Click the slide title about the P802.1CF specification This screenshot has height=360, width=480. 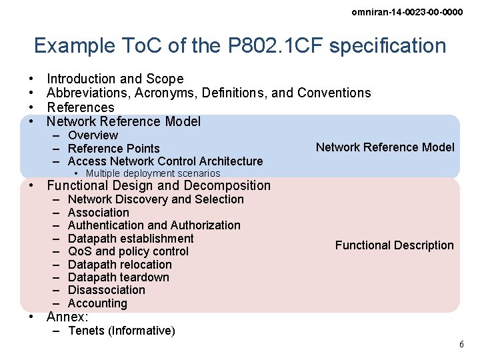pyautogui.click(x=240, y=45)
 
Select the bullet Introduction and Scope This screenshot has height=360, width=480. pyautogui.click(x=115, y=79)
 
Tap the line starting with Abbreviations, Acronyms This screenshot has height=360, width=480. pyautogui.click(x=208, y=93)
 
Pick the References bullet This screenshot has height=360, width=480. pyautogui.click(x=80, y=107)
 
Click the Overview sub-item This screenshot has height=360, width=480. pyautogui.click(x=93, y=135)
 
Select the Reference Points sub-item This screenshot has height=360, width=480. pyautogui.click(x=113, y=148)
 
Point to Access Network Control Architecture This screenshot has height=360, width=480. pyautogui.click(x=165, y=161)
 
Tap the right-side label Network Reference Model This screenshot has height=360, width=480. pyautogui.click(x=385, y=147)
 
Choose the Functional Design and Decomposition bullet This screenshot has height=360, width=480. pyautogui.click(x=159, y=185)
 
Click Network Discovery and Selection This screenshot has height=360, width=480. pyautogui.click(x=155, y=199)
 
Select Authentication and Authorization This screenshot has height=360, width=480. pyautogui.click(x=153, y=225)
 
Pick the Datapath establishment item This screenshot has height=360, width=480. pyautogui.click(x=131, y=239)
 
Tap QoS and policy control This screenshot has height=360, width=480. pyautogui.click(x=128, y=251)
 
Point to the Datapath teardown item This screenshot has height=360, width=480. pyautogui.click(x=118, y=277)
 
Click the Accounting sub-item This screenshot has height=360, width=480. pyautogui.click(x=97, y=303)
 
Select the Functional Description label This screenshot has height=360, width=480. pyautogui.click(x=394, y=245)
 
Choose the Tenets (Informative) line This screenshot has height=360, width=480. pyautogui.click(x=121, y=331)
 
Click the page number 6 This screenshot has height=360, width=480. pyautogui.click(x=461, y=344)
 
